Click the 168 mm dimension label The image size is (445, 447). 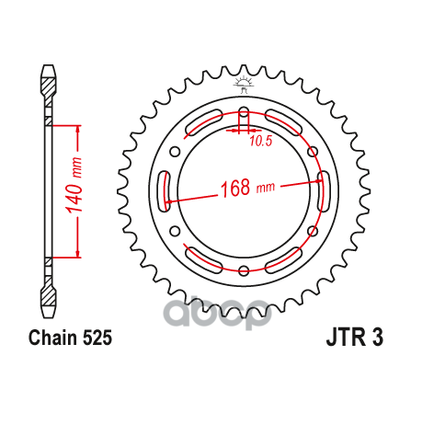coord(247,188)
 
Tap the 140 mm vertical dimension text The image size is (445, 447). coord(74,185)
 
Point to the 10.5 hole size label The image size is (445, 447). coord(260,141)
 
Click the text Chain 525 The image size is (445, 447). coord(70,338)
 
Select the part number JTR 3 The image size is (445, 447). coord(355,338)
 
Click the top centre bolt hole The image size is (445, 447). coord(244,112)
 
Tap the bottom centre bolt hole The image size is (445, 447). coord(244,270)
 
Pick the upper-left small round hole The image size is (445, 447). coord(175,152)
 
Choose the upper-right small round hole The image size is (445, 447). coord(313,152)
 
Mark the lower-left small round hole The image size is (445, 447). coord(175,231)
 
